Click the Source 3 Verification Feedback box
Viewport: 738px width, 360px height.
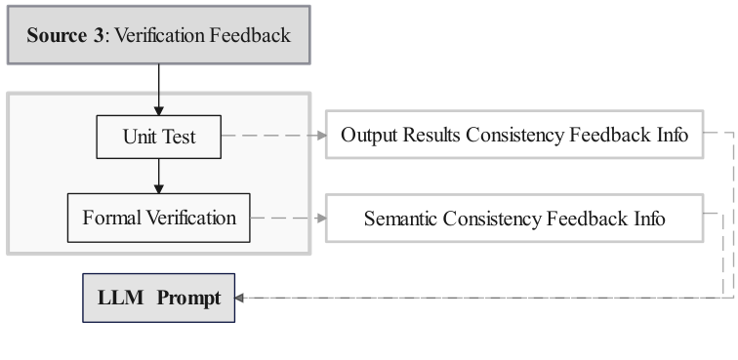pos(158,35)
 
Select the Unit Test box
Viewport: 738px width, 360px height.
pos(158,137)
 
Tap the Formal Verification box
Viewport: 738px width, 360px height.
pos(158,218)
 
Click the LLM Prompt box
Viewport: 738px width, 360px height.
pos(158,298)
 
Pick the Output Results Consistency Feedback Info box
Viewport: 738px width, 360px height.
pos(513,135)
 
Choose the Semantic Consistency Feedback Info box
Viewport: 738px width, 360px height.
pos(513,219)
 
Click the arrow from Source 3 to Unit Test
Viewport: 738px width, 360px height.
pos(158,89)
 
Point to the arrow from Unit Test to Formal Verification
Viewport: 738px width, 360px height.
pos(158,176)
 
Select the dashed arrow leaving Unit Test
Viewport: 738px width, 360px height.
pos(273,136)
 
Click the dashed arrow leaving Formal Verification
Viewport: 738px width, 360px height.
pos(287,219)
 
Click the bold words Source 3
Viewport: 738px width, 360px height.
pos(67,36)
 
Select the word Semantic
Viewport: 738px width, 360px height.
pos(401,219)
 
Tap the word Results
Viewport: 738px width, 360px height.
pos(430,135)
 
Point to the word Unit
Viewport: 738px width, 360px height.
pos(140,137)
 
